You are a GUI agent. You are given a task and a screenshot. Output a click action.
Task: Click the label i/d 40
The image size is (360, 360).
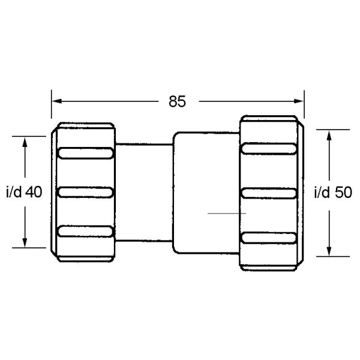pyautogui.click(x=23, y=193)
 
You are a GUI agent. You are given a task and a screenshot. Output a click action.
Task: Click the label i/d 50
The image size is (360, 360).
pyautogui.click(x=332, y=193)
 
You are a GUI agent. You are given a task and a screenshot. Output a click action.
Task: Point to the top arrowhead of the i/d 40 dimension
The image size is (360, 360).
pyautogui.click(x=24, y=142)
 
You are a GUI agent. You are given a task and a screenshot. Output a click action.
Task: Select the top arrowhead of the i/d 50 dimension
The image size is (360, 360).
pyautogui.click(x=329, y=134)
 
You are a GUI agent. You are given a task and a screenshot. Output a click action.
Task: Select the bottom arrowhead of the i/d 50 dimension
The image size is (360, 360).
pyautogui.click(x=329, y=251)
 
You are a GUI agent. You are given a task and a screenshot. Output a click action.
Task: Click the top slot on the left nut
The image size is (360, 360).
pyautogui.click(x=85, y=153)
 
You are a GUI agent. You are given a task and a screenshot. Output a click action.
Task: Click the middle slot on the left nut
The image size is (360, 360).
pyautogui.click(x=85, y=192)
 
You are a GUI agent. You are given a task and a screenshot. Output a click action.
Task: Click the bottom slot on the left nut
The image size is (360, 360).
pyautogui.click(x=85, y=232)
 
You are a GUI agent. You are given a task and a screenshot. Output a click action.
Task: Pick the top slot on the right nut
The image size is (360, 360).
pyautogui.click(x=268, y=149)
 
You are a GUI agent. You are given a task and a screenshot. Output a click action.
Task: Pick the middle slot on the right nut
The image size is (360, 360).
pyautogui.click(x=268, y=192)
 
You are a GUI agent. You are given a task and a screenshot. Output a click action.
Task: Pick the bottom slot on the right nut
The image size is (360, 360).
pyautogui.click(x=268, y=236)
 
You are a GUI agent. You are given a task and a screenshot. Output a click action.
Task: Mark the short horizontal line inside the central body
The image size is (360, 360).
pyautogui.click(x=226, y=213)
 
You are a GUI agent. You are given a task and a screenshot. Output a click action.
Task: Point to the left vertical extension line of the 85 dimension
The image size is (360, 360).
pyautogui.click(x=52, y=106)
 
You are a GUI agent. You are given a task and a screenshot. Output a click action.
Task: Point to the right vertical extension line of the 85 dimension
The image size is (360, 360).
pyautogui.click(x=304, y=104)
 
